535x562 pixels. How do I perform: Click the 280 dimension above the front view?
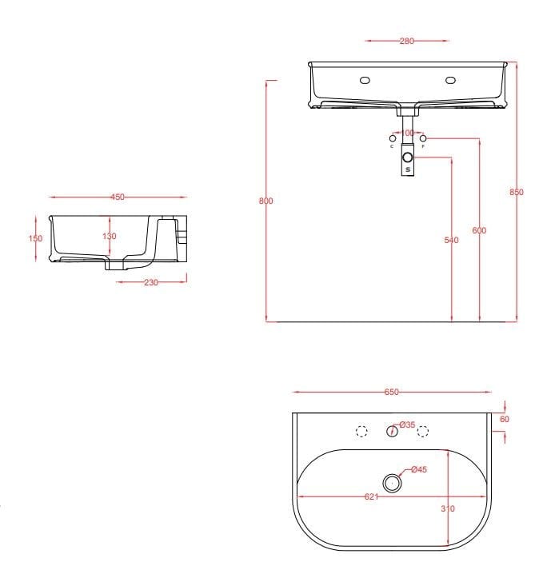406,42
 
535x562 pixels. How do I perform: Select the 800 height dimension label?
266,201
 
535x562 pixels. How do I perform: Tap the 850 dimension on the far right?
516,192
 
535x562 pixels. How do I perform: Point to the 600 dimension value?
479,230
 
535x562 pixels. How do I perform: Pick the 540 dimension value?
452,240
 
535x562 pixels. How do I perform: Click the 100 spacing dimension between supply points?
407,133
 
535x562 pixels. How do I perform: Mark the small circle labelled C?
392,138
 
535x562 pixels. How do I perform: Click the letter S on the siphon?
408,169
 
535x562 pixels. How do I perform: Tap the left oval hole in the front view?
365,80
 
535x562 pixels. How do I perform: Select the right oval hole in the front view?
450,80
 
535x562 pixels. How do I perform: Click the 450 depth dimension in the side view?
118,197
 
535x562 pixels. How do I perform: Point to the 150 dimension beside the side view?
35,237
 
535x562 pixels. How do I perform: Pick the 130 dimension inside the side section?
110,236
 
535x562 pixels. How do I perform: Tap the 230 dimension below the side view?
150,281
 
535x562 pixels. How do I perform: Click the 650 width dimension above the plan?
391,393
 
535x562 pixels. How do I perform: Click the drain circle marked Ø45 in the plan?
391,483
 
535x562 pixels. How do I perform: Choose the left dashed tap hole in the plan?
361,432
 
